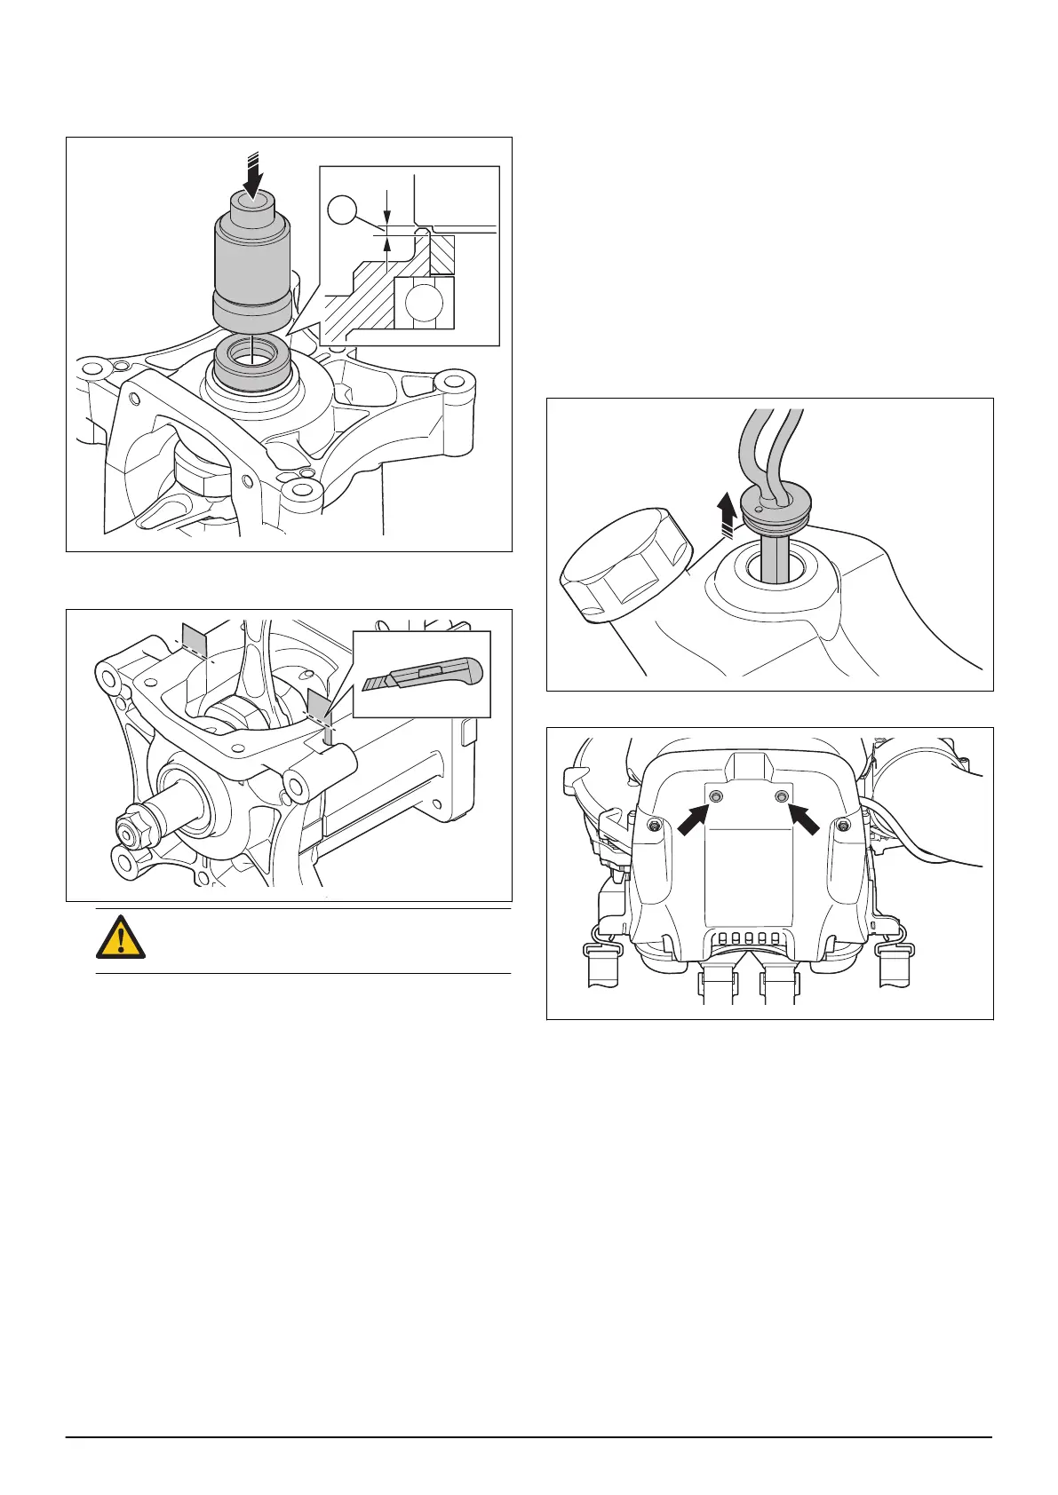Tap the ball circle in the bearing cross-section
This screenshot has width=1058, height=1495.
[424, 303]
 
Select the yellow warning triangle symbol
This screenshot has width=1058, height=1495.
[120, 938]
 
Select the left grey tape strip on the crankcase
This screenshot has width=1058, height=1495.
[194, 640]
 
